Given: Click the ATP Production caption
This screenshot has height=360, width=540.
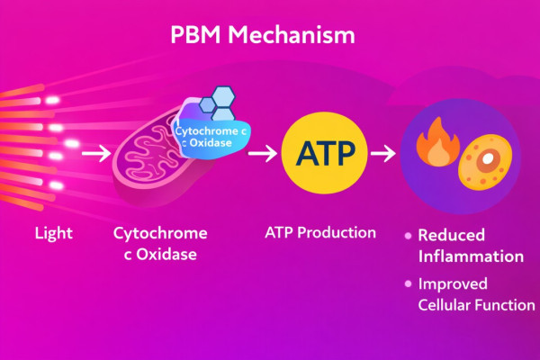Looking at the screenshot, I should [x=320, y=232].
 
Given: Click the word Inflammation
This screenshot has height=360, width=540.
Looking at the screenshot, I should [x=471, y=256].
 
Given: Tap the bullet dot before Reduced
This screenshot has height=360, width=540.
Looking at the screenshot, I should [x=409, y=235].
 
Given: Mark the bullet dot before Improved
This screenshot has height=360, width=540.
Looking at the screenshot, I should [x=409, y=284].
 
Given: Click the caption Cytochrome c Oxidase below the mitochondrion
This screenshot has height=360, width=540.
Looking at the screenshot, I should [x=160, y=244].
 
